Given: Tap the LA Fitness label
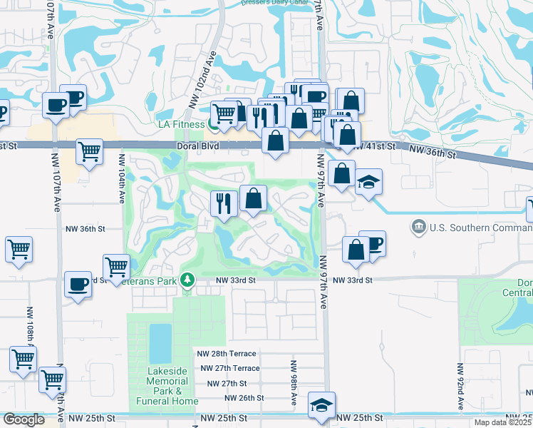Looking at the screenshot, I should click(x=182, y=124).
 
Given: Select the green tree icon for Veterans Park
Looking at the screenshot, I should click(x=187, y=280).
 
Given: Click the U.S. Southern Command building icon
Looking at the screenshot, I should click(x=418, y=228).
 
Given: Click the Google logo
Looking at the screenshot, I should click(x=23, y=419).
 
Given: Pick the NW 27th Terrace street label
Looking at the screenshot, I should click(x=229, y=368).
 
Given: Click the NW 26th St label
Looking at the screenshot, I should click(x=244, y=397).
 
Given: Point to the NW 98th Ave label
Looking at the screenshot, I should click(x=293, y=383).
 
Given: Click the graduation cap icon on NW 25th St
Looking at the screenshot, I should click(x=322, y=405).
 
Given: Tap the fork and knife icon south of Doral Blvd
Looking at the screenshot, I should click(x=224, y=203).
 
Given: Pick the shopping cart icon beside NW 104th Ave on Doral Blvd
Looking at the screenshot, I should click(x=89, y=151).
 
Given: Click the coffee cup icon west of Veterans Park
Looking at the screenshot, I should click(x=78, y=283).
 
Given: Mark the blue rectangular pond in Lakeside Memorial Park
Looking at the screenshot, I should click(x=160, y=342).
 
